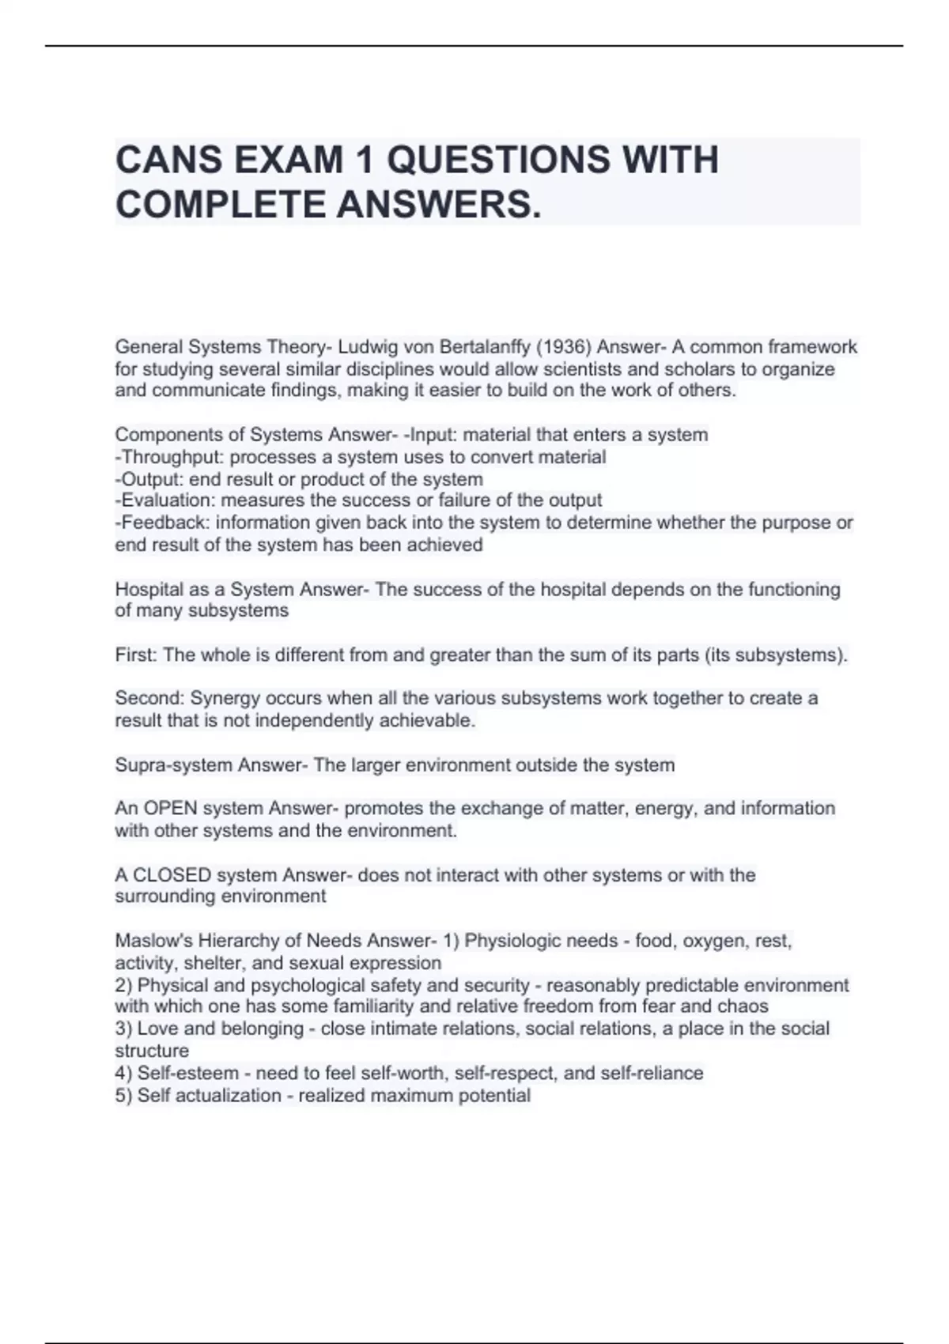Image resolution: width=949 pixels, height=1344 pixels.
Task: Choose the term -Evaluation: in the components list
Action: coord(165,500)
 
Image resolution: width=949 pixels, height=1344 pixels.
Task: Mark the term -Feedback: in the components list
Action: coord(162,523)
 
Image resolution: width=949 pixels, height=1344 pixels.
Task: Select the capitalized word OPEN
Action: coord(170,809)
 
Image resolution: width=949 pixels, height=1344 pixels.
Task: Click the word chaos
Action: coord(743,1006)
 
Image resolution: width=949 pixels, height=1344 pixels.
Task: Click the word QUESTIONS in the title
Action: coord(499,160)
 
